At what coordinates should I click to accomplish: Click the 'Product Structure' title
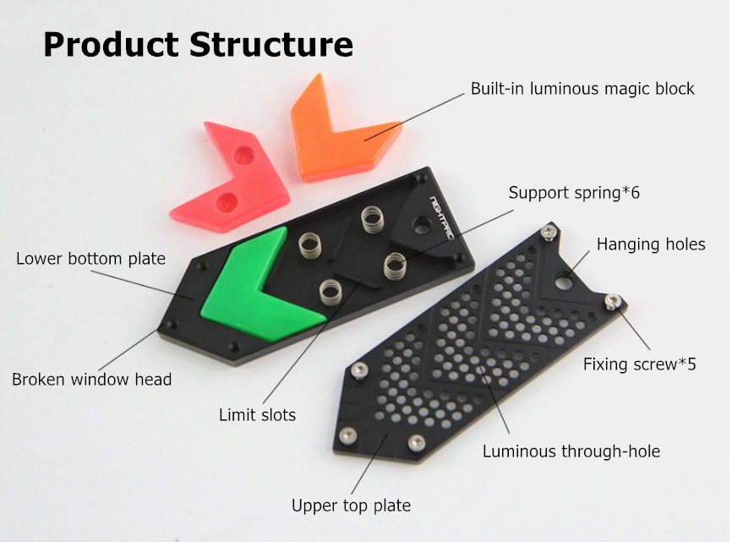(198, 44)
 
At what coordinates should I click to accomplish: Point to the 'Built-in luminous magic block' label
(582, 89)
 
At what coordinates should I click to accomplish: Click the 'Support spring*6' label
(574, 193)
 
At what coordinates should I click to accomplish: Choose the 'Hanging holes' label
(650, 244)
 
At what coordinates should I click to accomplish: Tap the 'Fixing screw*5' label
(639, 364)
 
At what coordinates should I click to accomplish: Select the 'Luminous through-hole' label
(571, 451)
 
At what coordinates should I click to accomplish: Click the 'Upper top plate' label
(351, 506)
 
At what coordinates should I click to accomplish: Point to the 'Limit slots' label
(257, 415)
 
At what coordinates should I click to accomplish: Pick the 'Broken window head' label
(91, 380)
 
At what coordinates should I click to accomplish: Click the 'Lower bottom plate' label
(90, 258)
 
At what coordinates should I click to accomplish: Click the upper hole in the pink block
(244, 155)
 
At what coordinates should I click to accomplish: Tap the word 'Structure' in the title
(271, 44)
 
